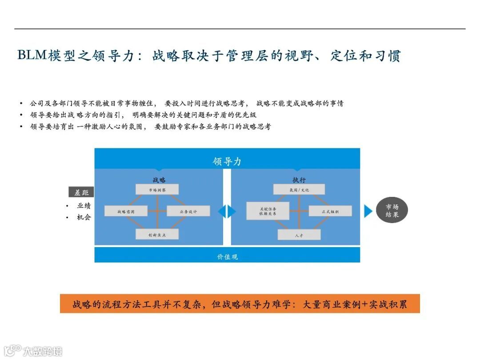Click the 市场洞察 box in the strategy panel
pos(157,189)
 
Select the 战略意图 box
pos(126,211)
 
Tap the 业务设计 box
pos(188,211)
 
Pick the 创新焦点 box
pos(157,234)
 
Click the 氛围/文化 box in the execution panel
pos(299,189)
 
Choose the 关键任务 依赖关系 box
pos(268,211)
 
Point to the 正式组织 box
pos(330,211)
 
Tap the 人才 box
pos(299,234)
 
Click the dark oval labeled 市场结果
pos(392,211)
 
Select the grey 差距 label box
pos(81,192)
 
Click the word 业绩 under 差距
pos(84,206)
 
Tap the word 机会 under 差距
pos(84,217)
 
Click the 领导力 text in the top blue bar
pos(227,161)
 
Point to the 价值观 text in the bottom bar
pos(227,256)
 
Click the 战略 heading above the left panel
pos(159,180)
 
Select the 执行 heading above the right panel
pos(299,180)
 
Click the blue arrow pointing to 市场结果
pos(368,211)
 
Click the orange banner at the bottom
pos(240,304)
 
